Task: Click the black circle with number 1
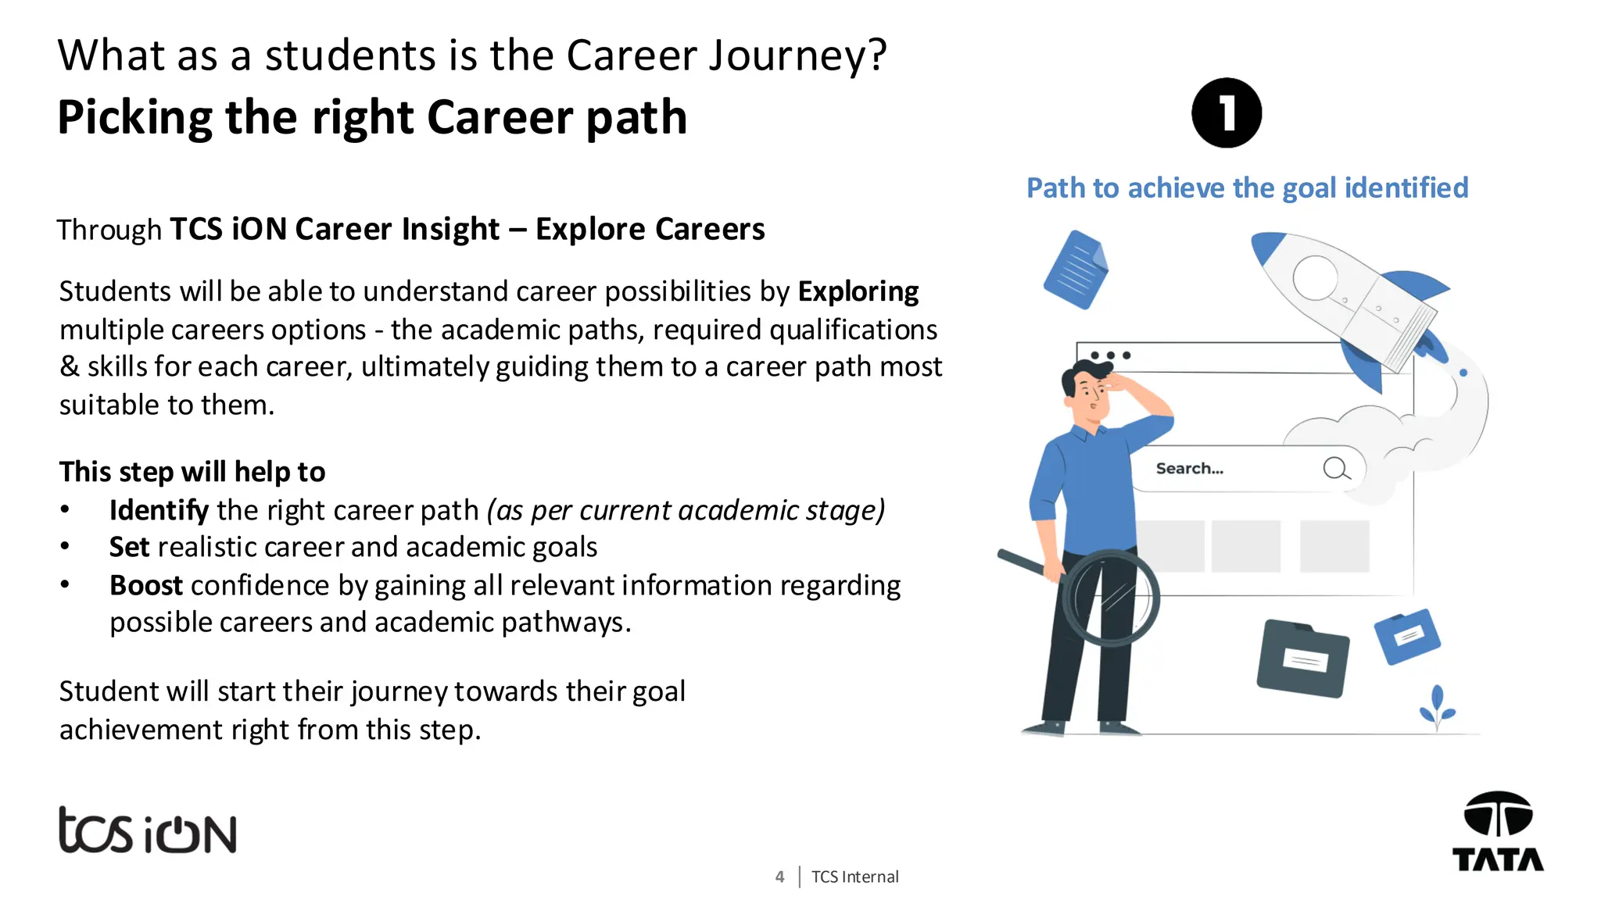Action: [x=1226, y=112]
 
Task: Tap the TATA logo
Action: [x=1497, y=833]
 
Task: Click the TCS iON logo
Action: [x=147, y=830]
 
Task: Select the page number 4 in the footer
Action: [x=779, y=877]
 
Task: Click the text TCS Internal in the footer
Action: [x=854, y=877]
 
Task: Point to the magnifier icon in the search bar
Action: [x=1336, y=469]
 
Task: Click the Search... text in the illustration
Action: [x=1189, y=469]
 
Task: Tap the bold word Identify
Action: [x=159, y=510]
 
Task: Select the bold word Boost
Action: [x=146, y=585]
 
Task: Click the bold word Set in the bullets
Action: [x=129, y=547]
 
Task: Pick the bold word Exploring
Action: [x=858, y=291]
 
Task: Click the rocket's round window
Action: [x=1316, y=277]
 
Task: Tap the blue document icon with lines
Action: [x=1076, y=270]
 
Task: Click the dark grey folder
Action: [x=1302, y=658]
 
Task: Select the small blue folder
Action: [x=1407, y=636]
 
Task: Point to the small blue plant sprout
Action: [x=1437, y=708]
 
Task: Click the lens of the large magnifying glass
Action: [x=1112, y=598]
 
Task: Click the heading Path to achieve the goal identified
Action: [x=1247, y=188]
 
